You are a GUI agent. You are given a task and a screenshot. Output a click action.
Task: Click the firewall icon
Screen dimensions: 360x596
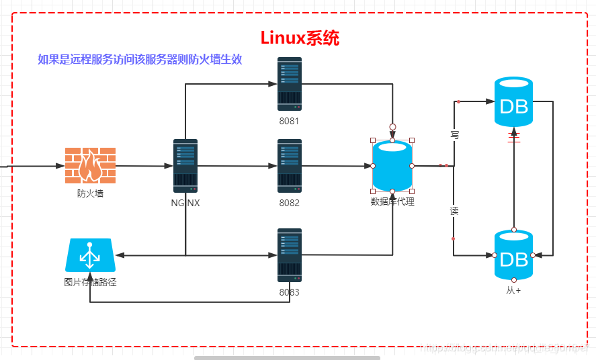point(90,165)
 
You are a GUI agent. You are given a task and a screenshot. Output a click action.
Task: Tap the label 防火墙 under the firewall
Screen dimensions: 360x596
point(90,193)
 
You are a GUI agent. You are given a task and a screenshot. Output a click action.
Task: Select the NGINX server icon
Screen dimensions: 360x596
point(185,166)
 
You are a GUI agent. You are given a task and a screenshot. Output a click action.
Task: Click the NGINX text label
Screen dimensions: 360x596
point(185,203)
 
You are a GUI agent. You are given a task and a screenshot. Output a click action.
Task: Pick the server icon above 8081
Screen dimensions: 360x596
point(290,84)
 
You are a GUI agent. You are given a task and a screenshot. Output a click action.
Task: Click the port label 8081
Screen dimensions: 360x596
point(290,121)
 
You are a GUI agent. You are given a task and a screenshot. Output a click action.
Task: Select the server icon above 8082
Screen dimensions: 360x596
point(290,166)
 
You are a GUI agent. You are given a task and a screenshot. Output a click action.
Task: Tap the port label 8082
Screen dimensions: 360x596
point(290,203)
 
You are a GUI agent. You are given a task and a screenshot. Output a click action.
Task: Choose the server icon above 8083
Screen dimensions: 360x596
point(290,255)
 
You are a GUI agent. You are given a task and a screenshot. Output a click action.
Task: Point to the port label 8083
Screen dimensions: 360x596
point(290,292)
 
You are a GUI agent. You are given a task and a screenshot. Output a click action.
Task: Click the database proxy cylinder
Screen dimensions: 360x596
point(392,166)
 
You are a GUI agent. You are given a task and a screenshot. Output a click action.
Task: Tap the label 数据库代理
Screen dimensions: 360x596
point(392,201)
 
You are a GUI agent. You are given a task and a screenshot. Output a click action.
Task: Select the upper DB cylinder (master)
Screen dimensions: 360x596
point(514,102)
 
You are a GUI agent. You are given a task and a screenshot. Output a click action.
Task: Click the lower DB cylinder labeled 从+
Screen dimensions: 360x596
point(514,255)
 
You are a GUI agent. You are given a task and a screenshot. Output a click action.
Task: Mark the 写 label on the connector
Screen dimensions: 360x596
point(454,135)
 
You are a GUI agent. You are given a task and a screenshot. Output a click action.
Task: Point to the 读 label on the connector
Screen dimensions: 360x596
point(454,211)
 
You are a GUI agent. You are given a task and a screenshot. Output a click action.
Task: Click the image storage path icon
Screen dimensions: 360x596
point(90,256)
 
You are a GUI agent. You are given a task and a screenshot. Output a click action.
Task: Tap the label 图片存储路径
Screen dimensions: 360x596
point(90,282)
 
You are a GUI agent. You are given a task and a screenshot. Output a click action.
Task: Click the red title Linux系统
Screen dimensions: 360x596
point(300,38)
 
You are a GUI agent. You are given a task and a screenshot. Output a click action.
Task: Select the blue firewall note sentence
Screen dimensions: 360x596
point(140,59)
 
